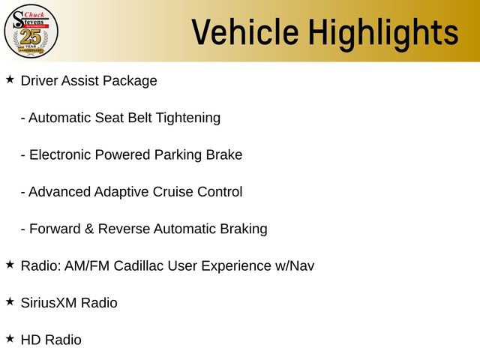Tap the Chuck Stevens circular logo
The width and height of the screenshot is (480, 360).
(30, 31)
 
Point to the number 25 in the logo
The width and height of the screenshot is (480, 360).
(30, 37)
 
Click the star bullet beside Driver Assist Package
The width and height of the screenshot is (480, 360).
(10, 79)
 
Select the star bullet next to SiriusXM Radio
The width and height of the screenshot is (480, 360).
(10, 301)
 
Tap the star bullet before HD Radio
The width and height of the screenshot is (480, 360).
(10, 338)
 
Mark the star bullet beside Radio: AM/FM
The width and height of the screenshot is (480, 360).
(10, 264)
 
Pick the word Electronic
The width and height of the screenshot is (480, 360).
(59, 154)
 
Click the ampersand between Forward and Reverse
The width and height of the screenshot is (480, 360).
(89, 229)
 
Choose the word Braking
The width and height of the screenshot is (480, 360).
(241, 229)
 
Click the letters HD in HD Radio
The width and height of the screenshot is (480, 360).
(31, 340)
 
